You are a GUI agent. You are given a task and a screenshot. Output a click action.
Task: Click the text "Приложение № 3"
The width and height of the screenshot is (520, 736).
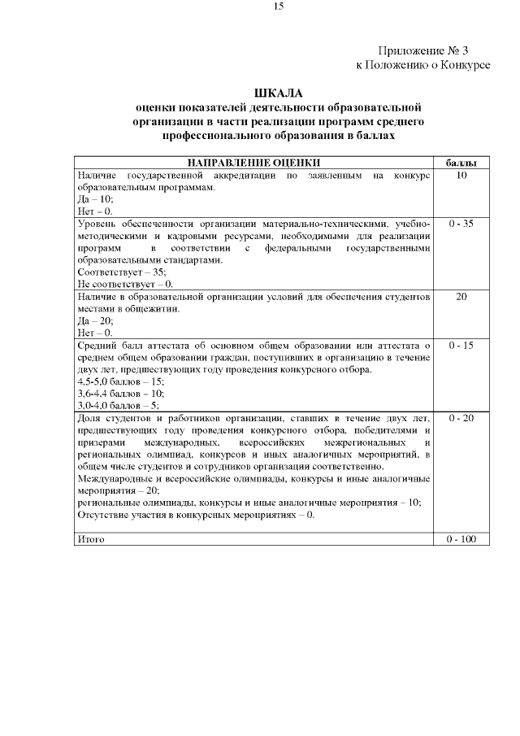pos(423,50)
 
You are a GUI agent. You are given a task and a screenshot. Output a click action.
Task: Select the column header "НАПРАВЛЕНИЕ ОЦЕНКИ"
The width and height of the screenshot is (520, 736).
pos(253,163)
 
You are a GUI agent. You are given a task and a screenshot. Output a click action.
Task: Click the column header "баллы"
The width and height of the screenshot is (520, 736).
pos(461,163)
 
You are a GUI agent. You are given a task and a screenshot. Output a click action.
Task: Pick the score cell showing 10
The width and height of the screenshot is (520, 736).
pos(461,176)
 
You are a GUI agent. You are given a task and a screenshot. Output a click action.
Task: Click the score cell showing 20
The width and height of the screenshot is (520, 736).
pos(461,297)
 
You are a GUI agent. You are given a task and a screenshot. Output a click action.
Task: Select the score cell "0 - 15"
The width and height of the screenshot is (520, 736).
pos(461,346)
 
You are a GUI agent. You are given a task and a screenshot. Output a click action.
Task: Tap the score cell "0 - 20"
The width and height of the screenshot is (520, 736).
pos(461,418)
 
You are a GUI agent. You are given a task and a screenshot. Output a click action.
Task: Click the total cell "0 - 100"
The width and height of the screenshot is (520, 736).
pos(461,539)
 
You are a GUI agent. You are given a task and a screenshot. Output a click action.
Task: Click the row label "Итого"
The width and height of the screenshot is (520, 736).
pos(90,539)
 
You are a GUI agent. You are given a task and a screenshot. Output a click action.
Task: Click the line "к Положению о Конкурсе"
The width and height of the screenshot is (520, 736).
pos(422,65)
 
